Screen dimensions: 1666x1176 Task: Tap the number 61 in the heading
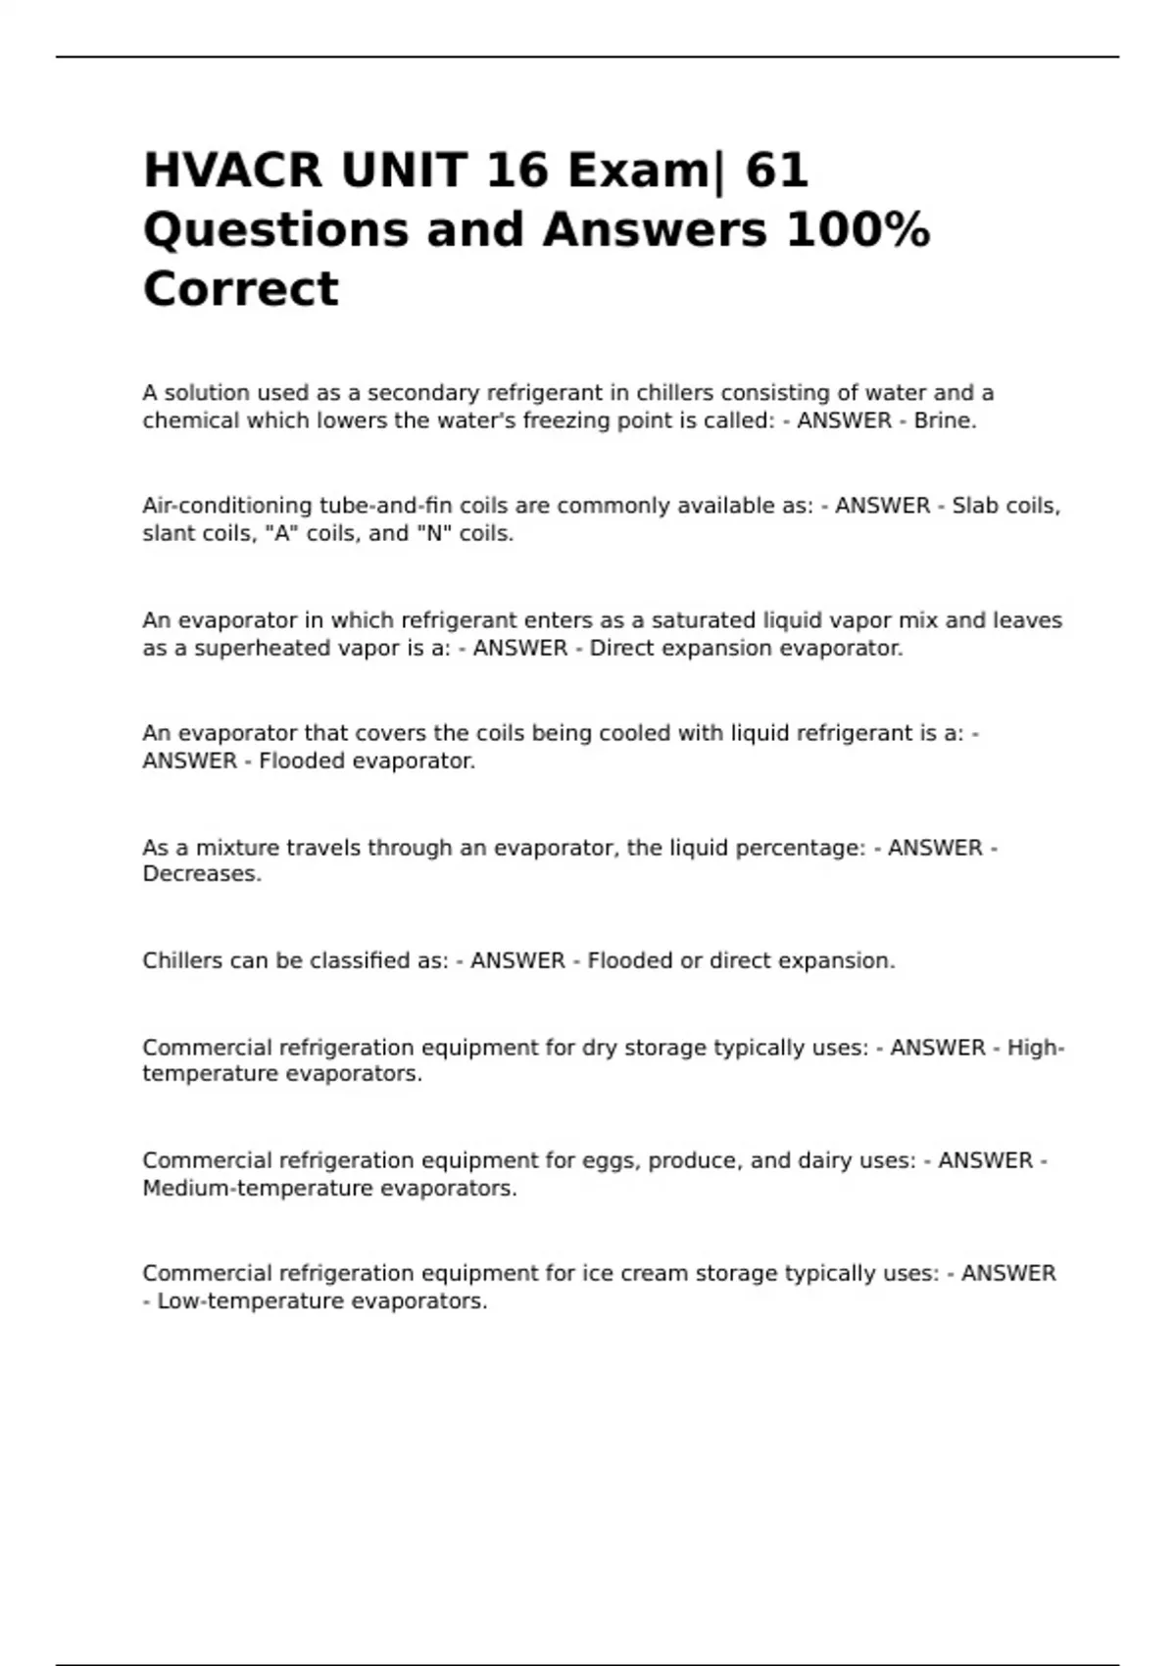[x=776, y=170]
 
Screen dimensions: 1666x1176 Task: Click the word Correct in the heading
[x=241, y=289]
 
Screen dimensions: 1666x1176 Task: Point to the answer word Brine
[x=945, y=421]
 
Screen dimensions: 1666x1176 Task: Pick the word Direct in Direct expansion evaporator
[x=621, y=649]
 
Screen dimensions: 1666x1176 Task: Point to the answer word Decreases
[x=202, y=874]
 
